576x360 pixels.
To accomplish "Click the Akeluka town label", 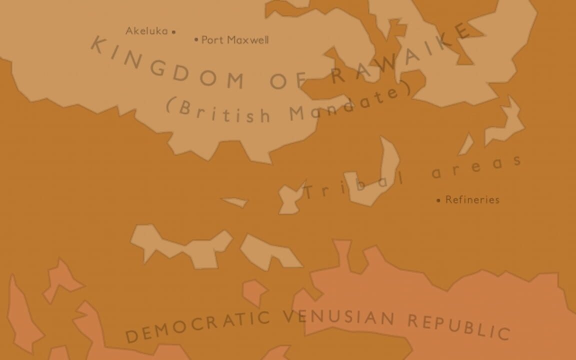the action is (146, 31).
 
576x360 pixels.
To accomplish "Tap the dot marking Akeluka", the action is (173, 31).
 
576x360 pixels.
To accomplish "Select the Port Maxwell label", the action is (235, 40).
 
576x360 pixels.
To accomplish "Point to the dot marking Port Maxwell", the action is (196, 39).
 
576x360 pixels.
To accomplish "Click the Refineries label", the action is (472, 200).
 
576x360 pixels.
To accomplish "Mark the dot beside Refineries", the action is (438, 200).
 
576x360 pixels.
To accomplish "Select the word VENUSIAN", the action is (339, 317).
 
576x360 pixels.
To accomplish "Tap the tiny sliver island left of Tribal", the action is (234, 202).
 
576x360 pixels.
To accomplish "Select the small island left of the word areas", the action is (466, 144).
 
